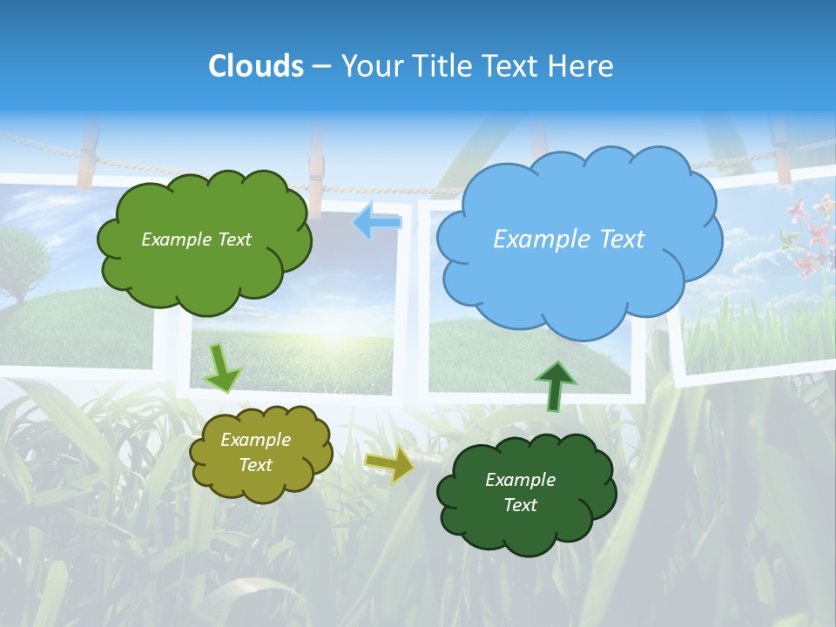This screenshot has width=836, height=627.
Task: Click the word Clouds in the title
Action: tap(256, 66)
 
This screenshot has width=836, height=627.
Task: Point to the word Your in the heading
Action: tap(370, 66)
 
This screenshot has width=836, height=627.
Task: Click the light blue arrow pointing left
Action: tap(377, 223)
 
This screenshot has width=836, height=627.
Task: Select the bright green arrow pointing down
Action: tap(223, 367)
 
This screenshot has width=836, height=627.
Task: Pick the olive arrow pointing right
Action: tap(390, 466)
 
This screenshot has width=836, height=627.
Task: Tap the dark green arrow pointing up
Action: tap(555, 386)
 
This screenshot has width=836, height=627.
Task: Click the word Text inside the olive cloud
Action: tap(255, 466)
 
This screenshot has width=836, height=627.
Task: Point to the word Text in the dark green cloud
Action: tap(520, 506)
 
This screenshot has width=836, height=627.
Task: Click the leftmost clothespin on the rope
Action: tap(86, 157)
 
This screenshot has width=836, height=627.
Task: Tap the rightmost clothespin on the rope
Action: tap(780, 152)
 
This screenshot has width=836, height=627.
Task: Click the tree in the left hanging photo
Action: tap(22, 257)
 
